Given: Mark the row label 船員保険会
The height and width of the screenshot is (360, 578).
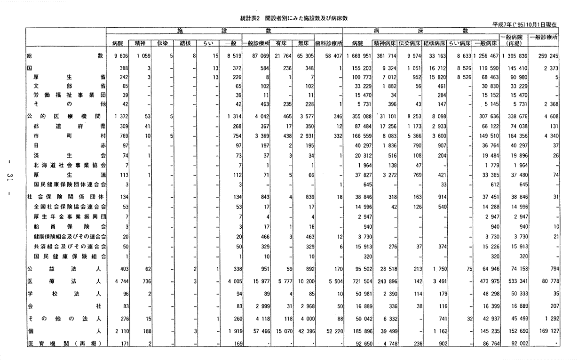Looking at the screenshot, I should (70, 226).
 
